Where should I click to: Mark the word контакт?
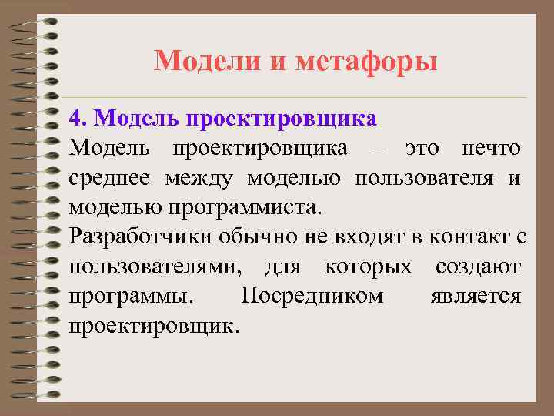469,237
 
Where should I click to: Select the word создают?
478,267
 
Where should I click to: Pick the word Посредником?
312,297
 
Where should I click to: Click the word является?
477,297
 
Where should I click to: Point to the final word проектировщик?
153,326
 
